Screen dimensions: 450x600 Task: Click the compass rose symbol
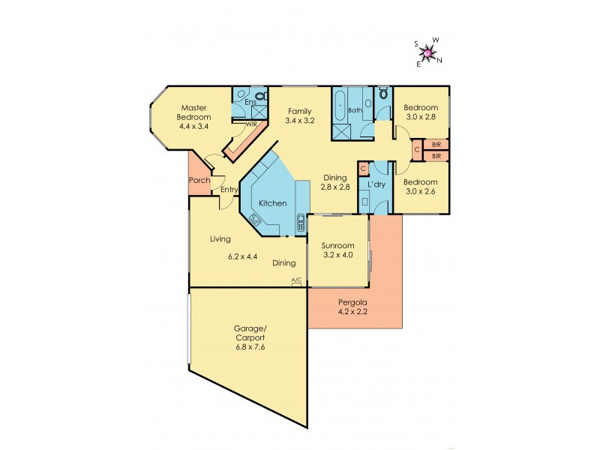428,52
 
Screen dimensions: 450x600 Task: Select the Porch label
199,180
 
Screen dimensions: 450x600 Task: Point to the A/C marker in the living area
296,280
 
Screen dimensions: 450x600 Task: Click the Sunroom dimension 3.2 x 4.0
337,255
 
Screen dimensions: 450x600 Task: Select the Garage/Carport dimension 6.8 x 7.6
248,347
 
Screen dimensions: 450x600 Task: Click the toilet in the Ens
259,96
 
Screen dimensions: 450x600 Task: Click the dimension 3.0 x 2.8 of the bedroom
420,117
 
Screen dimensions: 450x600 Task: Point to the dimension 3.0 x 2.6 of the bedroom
420,191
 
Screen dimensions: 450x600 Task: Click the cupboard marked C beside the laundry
363,169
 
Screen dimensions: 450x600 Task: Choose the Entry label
229,190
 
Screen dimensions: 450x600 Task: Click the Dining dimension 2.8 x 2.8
334,187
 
